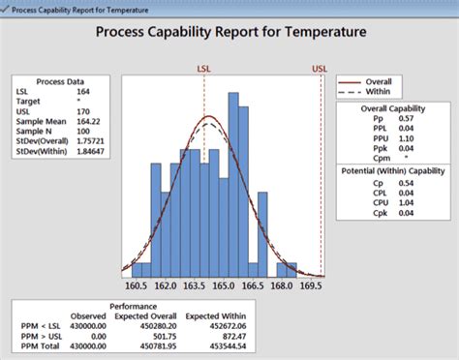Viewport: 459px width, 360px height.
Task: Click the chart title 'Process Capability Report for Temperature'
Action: click(x=230, y=32)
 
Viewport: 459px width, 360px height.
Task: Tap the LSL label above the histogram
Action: click(x=205, y=70)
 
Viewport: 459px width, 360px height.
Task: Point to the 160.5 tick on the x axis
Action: click(x=136, y=287)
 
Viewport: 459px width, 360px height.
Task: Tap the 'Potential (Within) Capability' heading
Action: click(x=392, y=170)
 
